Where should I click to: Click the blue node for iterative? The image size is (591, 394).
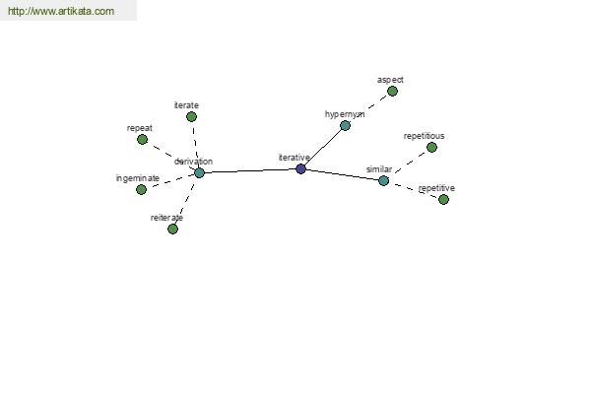click(x=300, y=168)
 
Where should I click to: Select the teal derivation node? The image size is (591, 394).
click(x=199, y=173)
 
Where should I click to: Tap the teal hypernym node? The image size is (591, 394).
click(x=345, y=125)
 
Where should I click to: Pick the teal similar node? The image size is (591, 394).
click(x=383, y=181)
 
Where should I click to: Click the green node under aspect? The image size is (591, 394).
click(x=392, y=92)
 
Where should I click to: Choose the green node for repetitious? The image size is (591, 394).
click(x=431, y=147)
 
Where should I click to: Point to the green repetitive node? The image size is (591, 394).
click(x=443, y=199)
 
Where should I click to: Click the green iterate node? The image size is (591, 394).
click(x=191, y=117)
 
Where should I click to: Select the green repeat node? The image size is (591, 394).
click(x=142, y=140)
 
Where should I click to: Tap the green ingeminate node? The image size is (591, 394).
click(x=141, y=190)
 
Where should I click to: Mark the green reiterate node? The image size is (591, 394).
click(x=172, y=229)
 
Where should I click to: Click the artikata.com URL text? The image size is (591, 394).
click(x=61, y=11)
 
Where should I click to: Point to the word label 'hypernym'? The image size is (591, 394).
click(x=345, y=114)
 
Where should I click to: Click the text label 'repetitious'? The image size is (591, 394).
click(x=424, y=136)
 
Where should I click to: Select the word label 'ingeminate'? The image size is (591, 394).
click(x=138, y=178)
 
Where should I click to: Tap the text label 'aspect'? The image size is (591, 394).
click(x=390, y=80)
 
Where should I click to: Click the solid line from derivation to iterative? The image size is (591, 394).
click(x=250, y=170)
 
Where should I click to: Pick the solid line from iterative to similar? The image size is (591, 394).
click(x=342, y=175)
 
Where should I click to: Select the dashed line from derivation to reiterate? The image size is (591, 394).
click(x=185, y=202)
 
